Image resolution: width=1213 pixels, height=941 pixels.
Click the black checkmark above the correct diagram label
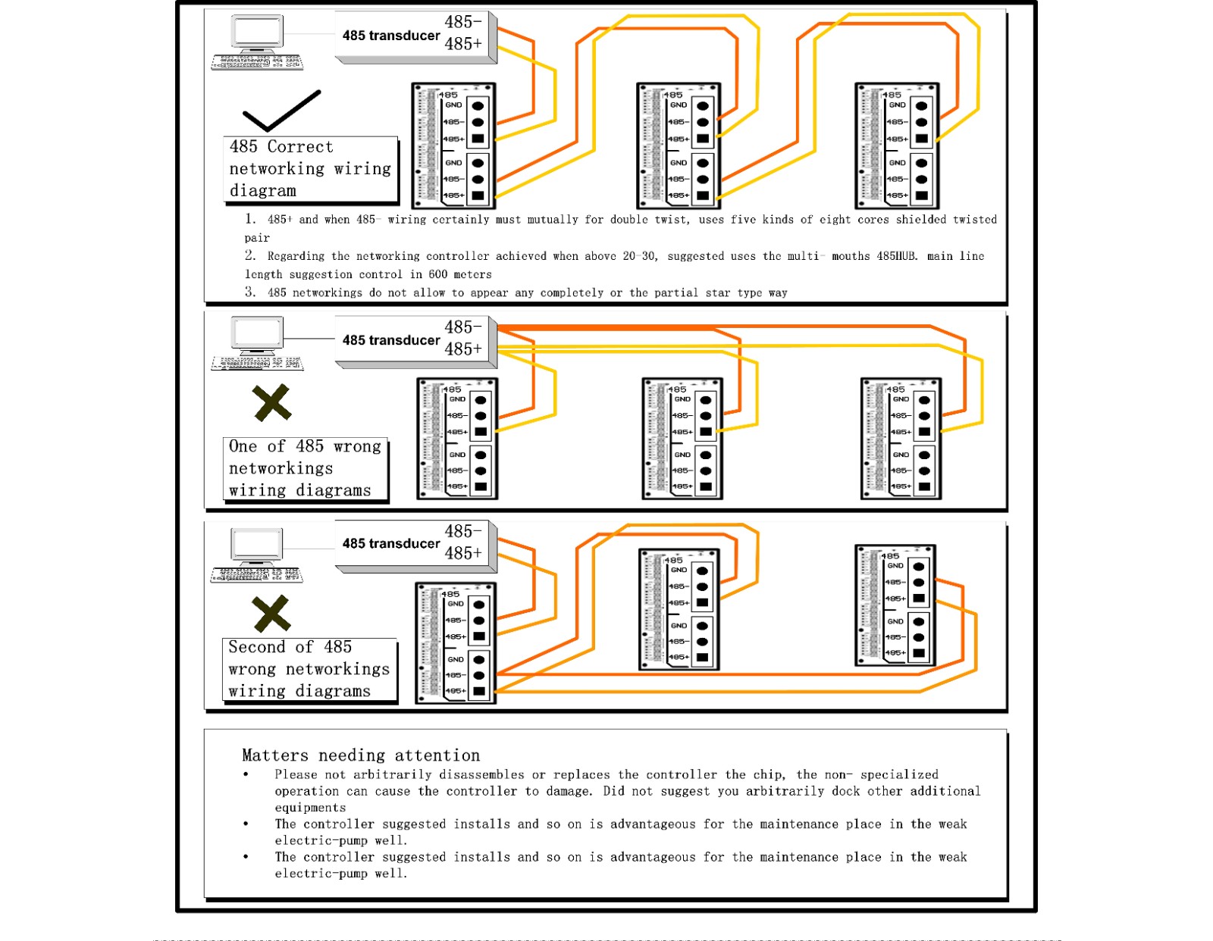[281, 111]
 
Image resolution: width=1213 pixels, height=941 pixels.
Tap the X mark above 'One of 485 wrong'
[271, 402]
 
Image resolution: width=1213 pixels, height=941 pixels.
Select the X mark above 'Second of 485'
[271, 613]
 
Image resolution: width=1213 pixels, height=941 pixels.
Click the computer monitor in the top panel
[258, 32]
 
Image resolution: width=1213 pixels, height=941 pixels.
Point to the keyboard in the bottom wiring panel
[256, 576]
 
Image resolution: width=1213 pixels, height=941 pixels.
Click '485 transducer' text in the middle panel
[390, 340]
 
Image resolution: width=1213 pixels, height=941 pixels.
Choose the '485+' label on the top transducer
[463, 44]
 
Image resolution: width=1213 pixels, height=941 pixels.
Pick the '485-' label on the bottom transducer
[463, 531]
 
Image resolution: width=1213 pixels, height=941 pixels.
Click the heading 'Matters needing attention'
[361, 755]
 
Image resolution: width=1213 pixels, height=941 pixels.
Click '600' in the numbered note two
[437, 274]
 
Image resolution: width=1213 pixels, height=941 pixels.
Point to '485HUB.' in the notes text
[898, 256]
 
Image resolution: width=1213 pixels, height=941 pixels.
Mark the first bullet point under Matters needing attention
[246, 774]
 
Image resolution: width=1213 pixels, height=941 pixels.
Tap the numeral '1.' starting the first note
[250, 219]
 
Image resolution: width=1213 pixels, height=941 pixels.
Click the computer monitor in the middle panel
[258, 333]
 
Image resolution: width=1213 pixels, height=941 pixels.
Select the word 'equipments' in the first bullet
[310, 808]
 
